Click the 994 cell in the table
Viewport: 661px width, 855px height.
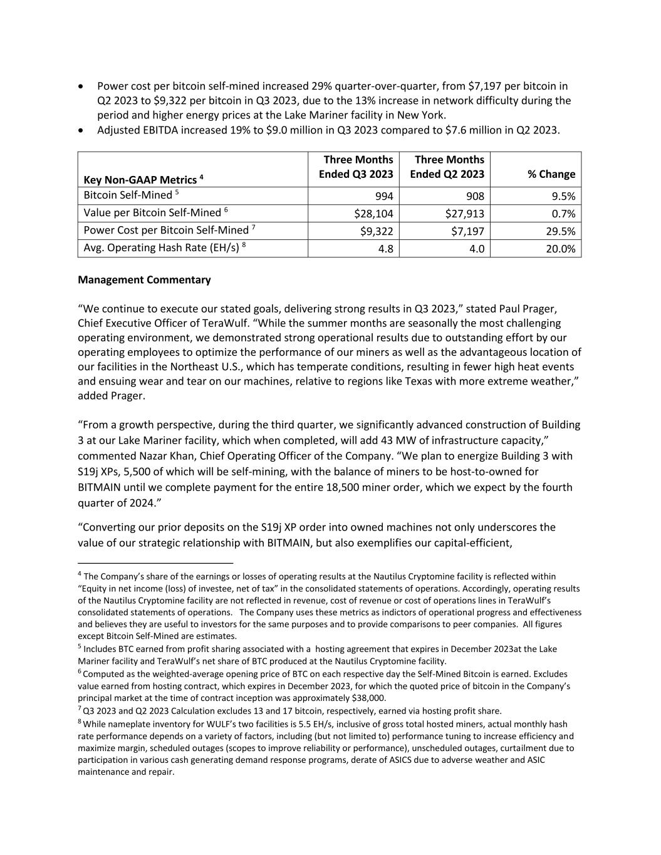point(382,196)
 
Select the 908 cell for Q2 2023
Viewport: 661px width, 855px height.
point(474,196)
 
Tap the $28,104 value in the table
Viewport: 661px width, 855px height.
point(374,214)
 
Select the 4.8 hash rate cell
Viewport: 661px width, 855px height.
point(385,249)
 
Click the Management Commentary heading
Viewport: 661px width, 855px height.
point(144,280)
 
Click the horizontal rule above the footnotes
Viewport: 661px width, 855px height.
point(155,562)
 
